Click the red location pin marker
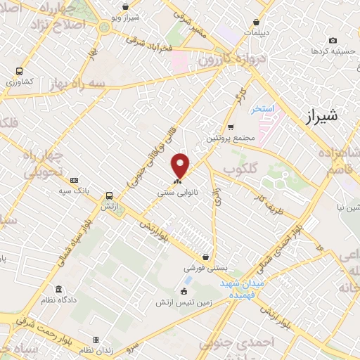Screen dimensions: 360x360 pos(181,165)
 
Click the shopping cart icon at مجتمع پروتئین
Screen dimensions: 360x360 pos(231,127)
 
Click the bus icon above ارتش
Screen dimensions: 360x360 pos(109,196)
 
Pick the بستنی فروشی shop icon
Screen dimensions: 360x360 pos(205,257)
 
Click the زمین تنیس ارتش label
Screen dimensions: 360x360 pos(185,304)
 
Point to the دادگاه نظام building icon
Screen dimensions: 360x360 pos(58,290)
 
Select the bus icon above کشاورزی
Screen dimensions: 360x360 pos(19,71)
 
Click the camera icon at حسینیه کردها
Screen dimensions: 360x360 pos(333,40)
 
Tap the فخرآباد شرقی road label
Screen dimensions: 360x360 pos(149,43)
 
